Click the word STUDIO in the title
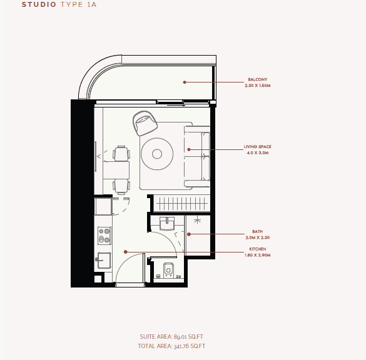[x=39, y=4]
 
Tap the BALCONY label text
[x=258, y=79]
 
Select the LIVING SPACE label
[x=258, y=147]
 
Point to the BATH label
[x=258, y=231]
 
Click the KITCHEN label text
[x=258, y=249]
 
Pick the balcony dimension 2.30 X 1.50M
[x=258, y=86]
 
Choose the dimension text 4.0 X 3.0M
[x=258, y=153]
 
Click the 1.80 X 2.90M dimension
[x=258, y=255]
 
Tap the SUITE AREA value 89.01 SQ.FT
[x=188, y=337]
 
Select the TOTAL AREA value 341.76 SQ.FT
[x=190, y=346]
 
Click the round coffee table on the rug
[x=157, y=154]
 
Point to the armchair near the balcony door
[x=145, y=123]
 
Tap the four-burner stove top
[x=104, y=236]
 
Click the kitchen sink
[x=104, y=260]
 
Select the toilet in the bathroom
[x=168, y=269]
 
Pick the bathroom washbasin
[x=167, y=224]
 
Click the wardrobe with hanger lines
[x=181, y=204]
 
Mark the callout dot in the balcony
[x=185, y=82]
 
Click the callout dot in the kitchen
[x=125, y=252]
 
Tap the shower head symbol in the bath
[x=197, y=221]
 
